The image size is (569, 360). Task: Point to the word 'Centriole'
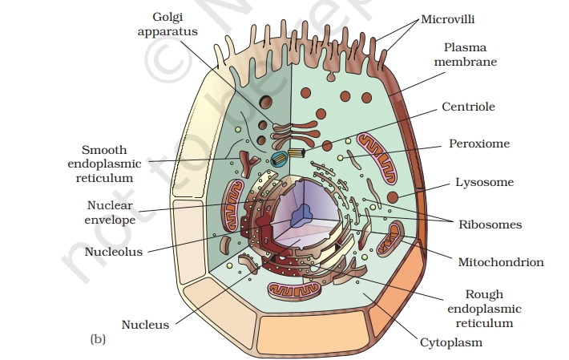coord(468,107)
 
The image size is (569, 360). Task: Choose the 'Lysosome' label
coord(484,182)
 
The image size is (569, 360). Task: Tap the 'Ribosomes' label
coord(490,224)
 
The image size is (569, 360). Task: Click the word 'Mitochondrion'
coord(501,262)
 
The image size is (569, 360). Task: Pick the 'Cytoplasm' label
coord(451,342)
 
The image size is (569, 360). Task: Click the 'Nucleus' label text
coord(145,325)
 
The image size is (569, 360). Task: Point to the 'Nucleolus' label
coord(113,252)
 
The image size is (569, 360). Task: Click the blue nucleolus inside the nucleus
coord(303,214)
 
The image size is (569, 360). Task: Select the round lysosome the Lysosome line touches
coord(393,197)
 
